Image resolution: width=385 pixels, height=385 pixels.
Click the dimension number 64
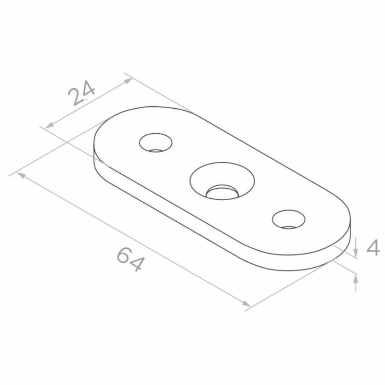(x=129, y=259)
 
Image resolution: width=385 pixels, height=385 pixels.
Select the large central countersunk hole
(x=222, y=181)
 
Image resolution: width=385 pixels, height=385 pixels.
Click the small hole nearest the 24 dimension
(x=155, y=142)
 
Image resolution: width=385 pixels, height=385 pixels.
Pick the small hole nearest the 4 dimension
(x=289, y=219)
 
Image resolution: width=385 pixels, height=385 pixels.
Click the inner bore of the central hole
(x=222, y=192)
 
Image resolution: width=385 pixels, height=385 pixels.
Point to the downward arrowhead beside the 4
(x=356, y=252)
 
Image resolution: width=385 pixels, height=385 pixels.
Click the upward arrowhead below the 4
(x=356, y=280)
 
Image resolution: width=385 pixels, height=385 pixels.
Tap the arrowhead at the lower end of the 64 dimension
(x=246, y=304)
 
